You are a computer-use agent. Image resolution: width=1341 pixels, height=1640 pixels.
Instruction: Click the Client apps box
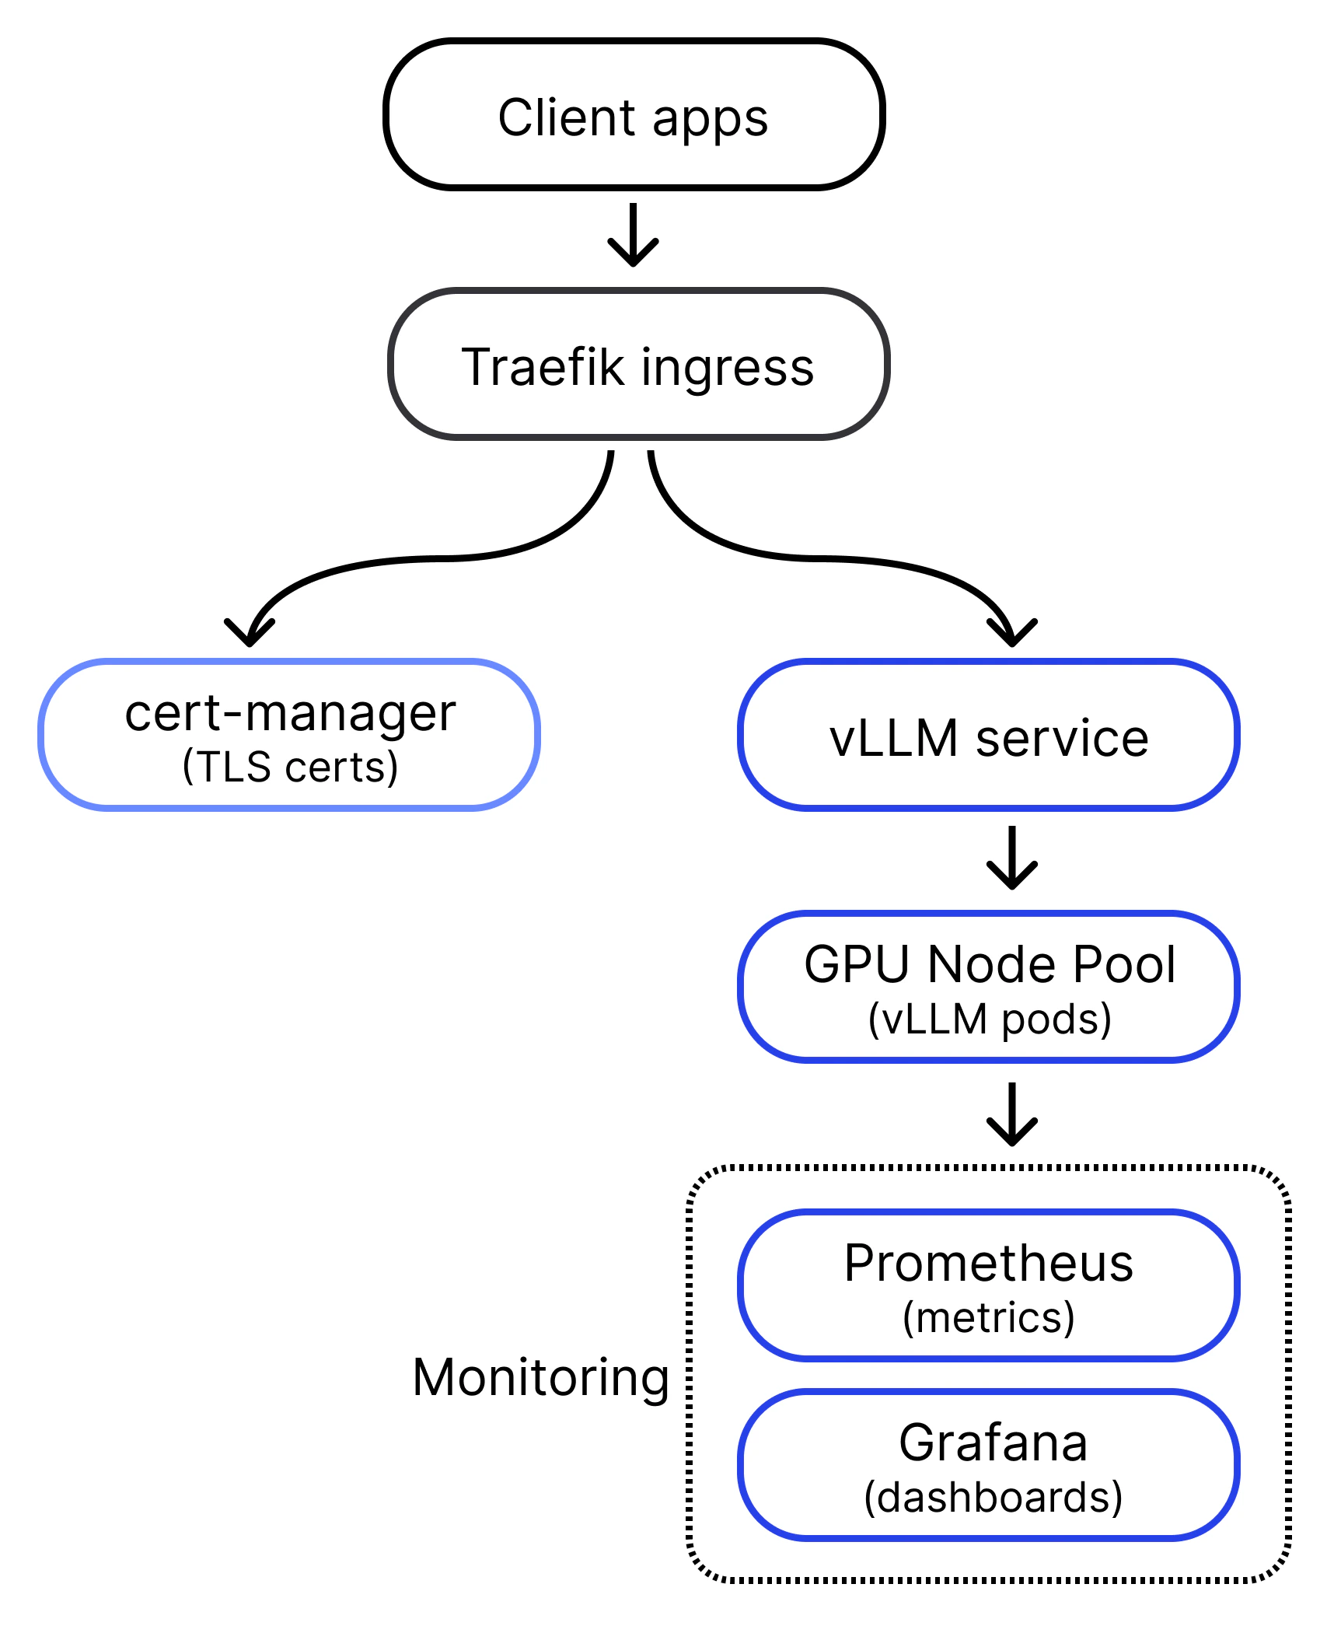click(634, 114)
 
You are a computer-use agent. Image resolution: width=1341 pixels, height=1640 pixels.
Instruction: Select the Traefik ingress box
click(638, 364)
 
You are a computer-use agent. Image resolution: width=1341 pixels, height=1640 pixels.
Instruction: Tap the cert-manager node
click(289, 735)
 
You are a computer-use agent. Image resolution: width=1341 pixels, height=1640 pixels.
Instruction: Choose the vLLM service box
click(989, 735)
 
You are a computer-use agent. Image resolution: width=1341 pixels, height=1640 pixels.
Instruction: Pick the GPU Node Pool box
click(989, 987)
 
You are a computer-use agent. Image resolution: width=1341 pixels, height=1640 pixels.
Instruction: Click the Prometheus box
click(989, 1285)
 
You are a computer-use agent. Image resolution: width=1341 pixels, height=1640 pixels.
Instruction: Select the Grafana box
click(989, 1465)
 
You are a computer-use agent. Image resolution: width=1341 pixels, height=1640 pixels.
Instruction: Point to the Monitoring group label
click(541, 1378)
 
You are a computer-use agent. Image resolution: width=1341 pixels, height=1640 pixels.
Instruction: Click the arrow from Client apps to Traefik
click(634, 235)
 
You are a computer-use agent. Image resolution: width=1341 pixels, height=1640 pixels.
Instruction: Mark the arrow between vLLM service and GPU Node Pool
click(1012, 858)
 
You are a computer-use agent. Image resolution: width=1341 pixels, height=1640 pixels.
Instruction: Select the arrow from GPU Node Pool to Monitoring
click(1012, 1114)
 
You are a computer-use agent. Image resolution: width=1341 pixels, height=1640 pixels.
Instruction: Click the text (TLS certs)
click(290, 767)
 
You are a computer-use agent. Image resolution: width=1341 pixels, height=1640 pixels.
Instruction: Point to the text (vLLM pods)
click(990, 1019)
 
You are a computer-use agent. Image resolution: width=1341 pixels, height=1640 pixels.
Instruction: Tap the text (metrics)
click(989, 1317)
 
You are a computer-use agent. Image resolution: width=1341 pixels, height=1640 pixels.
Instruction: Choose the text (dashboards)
click(994, 1497)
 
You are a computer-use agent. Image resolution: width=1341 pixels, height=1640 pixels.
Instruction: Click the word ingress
click(728, 369)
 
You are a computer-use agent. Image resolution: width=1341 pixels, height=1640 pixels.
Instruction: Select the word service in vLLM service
click(1062, 738)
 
